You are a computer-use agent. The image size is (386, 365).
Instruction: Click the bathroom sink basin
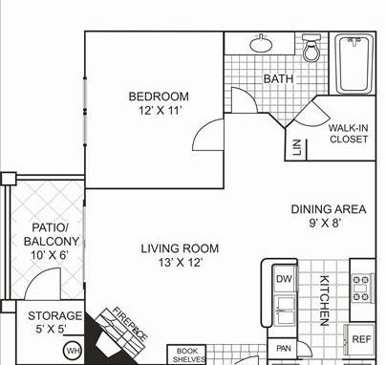pos(261,44)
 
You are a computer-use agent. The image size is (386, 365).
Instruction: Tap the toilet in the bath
pos(311,48)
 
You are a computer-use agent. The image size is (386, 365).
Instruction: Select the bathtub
pos(354,64)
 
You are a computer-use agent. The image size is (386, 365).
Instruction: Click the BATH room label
pos(278,78)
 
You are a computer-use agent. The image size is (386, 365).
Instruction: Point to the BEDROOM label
pos(159,97)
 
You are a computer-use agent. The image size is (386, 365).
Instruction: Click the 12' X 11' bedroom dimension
pos(161,111)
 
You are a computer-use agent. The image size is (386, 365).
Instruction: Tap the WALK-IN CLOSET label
pos(349,134)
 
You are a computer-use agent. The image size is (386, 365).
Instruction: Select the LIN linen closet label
pos(297,147)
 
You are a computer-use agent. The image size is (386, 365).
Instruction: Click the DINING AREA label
pos(329,209)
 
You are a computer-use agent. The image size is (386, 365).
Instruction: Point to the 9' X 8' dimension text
pos(325,223)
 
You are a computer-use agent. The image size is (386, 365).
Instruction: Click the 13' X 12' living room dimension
pos(181,263)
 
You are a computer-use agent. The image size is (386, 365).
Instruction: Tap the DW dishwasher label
pos(284,279)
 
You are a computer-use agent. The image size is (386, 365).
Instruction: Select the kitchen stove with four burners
pos(361,289)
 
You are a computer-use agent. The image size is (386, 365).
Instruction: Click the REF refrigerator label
pos(361,339)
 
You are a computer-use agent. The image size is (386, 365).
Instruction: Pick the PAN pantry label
pos(283,349)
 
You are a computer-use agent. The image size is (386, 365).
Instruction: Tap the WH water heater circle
pos(73,352)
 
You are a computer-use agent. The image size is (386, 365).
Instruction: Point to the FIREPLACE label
pos(130,324)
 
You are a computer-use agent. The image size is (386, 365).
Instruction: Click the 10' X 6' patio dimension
pos(50,255)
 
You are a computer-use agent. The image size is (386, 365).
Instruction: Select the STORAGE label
pos(54,316)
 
